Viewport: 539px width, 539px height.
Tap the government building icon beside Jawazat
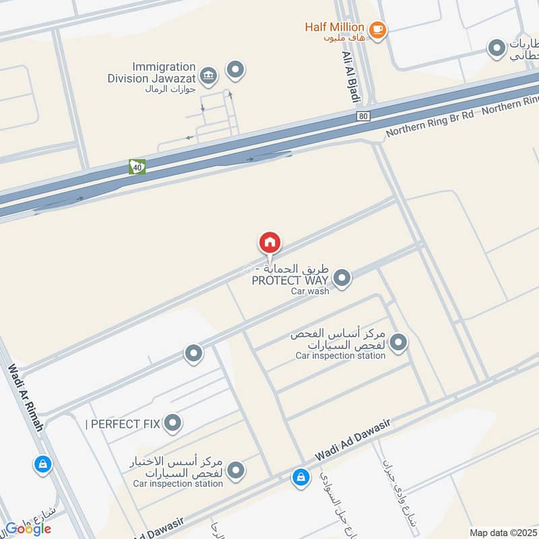(209, 75)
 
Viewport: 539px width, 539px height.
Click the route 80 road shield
(364, 117)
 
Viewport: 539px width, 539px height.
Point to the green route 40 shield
(137, 166)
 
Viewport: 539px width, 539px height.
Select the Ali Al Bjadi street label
(349, 75)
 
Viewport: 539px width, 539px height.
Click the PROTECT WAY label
(290, 280)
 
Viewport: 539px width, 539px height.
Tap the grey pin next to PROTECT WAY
(342, 278)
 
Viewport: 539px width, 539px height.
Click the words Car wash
(310, 291)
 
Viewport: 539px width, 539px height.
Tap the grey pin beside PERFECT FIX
(173, 423)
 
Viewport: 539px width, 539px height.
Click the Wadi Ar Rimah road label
(26, 398)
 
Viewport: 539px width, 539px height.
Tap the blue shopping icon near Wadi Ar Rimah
(42, 464)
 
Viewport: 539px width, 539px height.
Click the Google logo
(28, 528)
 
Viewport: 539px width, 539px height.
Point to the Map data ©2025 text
(502, 532)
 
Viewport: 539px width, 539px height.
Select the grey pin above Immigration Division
(235, 69)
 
